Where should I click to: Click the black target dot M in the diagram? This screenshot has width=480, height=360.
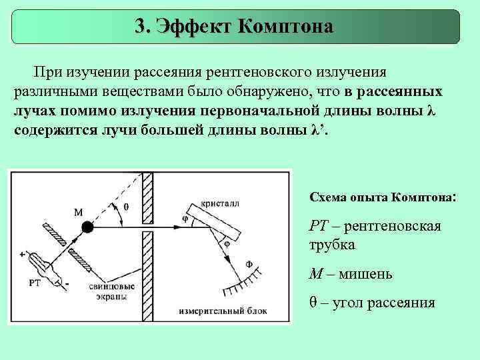pos(87,228)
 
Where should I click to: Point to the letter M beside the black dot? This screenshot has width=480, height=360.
pos(79,213)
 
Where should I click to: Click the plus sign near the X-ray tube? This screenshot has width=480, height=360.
pos(23,254)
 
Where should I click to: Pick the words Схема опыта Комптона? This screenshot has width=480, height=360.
pos(381,197)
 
